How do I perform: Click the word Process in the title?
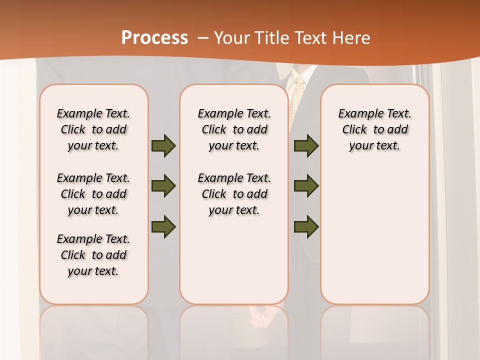(154, 38)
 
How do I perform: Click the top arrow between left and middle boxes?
(163, 146)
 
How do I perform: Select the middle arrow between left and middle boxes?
(163, 186)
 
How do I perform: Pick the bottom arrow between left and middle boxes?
(163, 227)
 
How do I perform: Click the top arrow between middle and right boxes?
(306, 146)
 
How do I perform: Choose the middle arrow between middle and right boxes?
(306, 186)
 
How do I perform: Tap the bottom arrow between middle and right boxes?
(306, 227)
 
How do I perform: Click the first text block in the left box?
(93, 129)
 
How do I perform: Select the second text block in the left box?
(93, 194)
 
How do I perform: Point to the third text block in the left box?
(93, 255)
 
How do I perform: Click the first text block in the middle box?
(234, 129)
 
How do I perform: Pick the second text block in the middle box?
(234, 194)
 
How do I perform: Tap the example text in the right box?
(374, 129)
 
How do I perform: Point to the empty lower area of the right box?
(374, 235)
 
